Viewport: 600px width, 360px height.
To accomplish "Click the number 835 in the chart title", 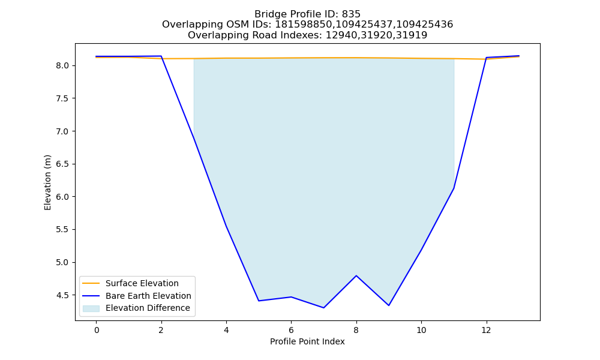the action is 351,14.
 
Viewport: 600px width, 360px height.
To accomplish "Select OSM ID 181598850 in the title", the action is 304,25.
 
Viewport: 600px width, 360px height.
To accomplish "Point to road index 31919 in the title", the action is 412,35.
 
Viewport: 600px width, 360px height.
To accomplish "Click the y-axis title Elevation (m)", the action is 47,182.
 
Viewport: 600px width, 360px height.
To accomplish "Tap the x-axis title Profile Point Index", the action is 307,341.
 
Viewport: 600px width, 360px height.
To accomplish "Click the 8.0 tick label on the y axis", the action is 62,66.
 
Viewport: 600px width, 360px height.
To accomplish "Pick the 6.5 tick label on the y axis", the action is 62,164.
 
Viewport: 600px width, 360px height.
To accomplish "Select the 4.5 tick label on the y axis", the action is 62,295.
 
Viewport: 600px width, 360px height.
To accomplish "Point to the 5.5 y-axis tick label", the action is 62,230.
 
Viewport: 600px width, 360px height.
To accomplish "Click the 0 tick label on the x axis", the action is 97,330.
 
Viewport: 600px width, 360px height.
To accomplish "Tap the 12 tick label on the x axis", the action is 486,330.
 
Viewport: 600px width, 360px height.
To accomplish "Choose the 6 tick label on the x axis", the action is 291,330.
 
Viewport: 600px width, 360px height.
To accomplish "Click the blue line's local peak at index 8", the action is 356,275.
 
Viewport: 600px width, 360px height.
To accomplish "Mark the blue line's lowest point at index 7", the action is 324,308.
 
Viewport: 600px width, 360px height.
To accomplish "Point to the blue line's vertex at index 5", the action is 259,301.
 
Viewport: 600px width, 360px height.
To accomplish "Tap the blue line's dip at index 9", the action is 389,305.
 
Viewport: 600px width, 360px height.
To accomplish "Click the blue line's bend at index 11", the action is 454,188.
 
